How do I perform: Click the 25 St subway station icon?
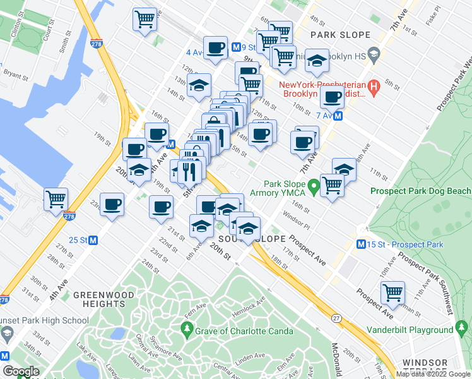[x=93, y=240]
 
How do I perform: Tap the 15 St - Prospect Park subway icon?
[x=362, y=244]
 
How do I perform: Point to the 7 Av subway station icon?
[x=339, y=116]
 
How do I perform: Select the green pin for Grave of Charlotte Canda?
[x=187, y=329]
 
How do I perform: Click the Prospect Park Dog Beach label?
[x=420, y=191]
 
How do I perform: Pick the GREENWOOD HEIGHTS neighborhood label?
[x=99, y=299]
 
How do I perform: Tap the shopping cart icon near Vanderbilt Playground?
[x=392, y=293]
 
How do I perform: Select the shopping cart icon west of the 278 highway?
[x=56, y=200]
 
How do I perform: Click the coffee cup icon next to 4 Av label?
[x=215, y=48]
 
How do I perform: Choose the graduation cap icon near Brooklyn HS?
[x=317, y=61]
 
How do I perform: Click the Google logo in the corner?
[x=20, y=371]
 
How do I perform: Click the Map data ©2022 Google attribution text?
[x=433, y=374]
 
